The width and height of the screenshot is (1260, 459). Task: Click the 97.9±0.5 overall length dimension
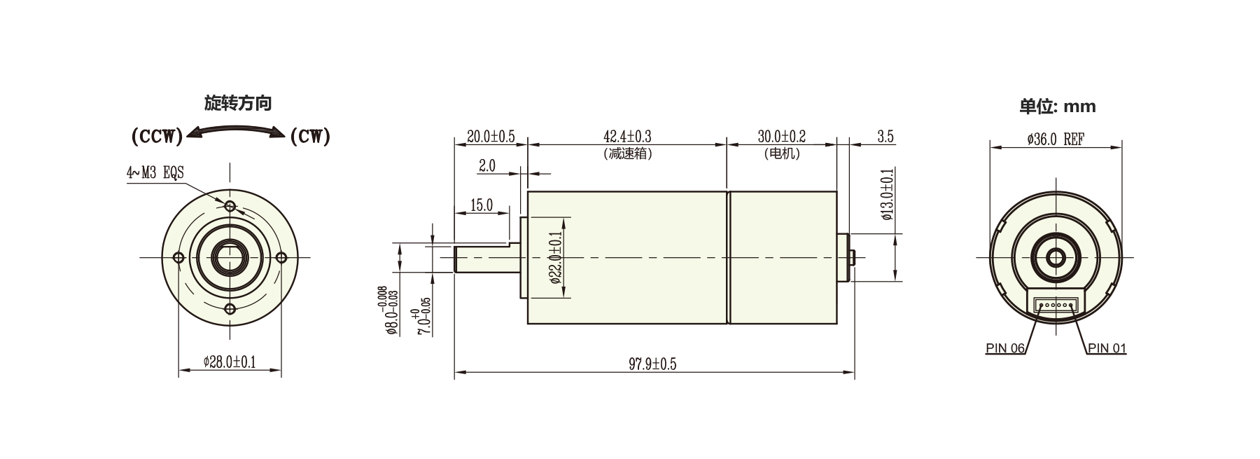pyautogui.click(x=652, y=364)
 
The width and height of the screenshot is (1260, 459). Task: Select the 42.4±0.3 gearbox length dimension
pyautogui.click(x=627, y=136)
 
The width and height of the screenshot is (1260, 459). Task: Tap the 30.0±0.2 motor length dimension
pyautogui.click(x=781, y=136)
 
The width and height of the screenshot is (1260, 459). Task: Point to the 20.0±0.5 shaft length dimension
pyautogui.click(x=491, y=136)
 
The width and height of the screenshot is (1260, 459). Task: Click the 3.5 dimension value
pyautogui.click(x=885, y=137)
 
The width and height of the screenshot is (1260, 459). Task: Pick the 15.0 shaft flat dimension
pyautogui.click(x=482, y=205)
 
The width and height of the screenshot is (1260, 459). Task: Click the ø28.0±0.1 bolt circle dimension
pyautogui.click(x=230, y=362)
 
